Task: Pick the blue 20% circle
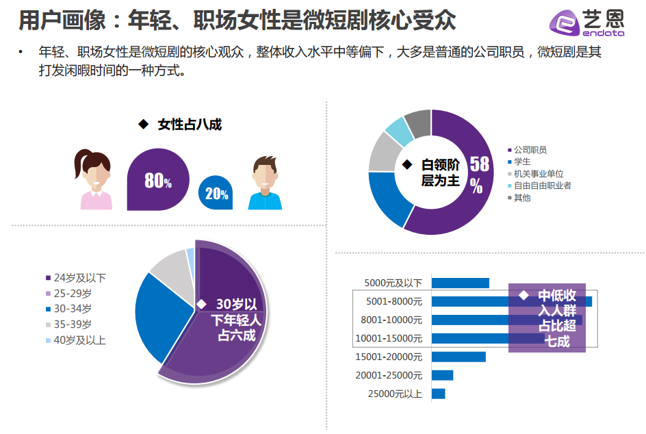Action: click(x=216, y=194)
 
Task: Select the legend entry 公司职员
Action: click(x=530, y=150)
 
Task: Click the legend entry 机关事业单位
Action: click(x=538, y=174)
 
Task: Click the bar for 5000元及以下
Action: click(x=460, y=283)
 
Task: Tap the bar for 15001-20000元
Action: click(x=458, y=357)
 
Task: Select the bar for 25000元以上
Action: click(x=438, y=394)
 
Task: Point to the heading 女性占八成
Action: click(x=189, y=125)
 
